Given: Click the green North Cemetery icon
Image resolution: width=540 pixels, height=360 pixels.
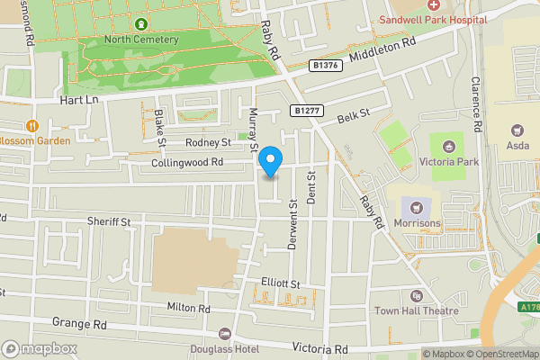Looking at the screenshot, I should (141, 22).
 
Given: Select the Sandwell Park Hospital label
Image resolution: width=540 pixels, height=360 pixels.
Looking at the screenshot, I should (433, 19).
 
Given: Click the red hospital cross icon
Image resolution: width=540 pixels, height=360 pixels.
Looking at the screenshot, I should (433, 5).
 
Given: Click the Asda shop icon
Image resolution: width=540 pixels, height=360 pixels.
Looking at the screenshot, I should (517, 131).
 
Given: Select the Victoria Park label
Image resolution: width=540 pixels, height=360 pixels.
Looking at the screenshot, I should (447, 162).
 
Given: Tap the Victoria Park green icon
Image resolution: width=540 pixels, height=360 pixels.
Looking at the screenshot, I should (447, 145).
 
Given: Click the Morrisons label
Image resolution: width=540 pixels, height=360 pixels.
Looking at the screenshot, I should (417, 222).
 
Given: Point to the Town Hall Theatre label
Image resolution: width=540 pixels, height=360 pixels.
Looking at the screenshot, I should (417, 310).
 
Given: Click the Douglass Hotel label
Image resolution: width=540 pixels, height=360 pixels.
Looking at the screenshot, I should (224, 348).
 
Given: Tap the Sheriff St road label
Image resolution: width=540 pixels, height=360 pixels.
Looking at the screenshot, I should (109, 221).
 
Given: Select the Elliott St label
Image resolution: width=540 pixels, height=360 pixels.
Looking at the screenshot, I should (280, 283).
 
